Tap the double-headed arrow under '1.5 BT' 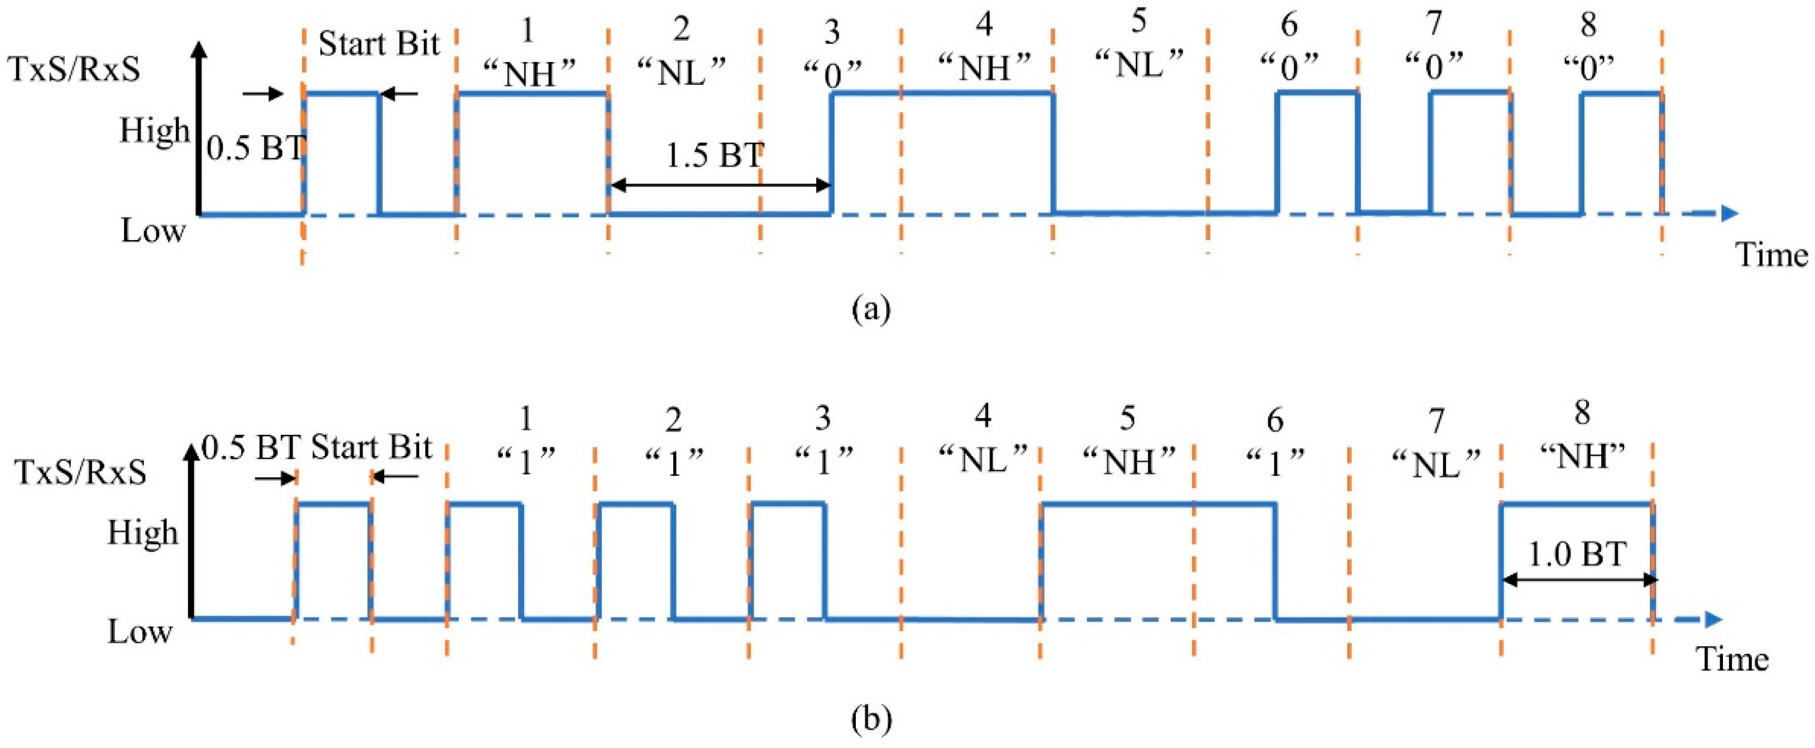click(719, 186)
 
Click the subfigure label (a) click(871, 309)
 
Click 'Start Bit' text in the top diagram click(379, 44)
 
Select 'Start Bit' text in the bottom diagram click(371, 447)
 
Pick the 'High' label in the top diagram click(154, 131)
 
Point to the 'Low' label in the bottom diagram click(140, 632)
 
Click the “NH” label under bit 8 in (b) click(1581, 458)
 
